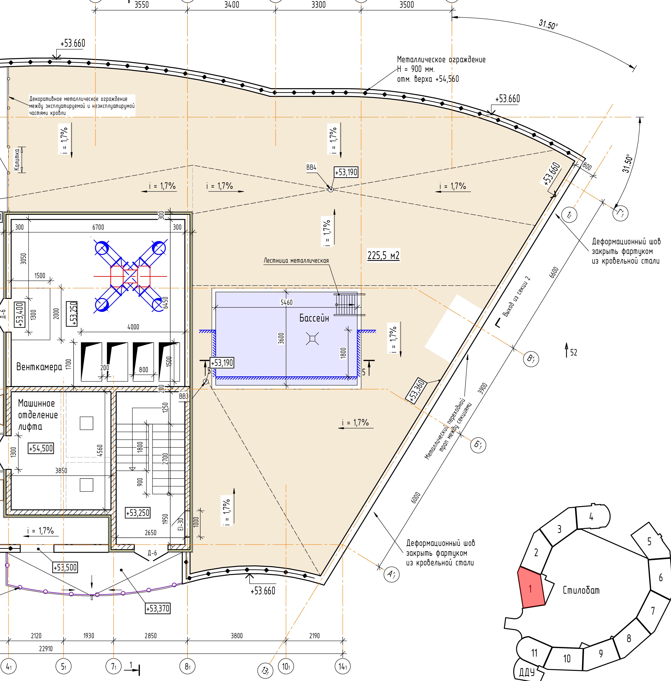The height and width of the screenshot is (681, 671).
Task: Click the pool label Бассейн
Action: (x=314, y=318)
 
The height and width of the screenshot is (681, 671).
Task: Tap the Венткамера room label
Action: (x=39, y=367)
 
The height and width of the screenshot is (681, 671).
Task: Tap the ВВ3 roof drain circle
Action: (x=206, y=382)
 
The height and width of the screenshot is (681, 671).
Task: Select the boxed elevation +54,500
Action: (x=41, y=448)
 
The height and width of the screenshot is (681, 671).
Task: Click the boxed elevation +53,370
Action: (x=158, y=608)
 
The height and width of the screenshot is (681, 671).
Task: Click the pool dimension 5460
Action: (x=286, y=302)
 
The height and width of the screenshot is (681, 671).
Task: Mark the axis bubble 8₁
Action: (x=187, y=667)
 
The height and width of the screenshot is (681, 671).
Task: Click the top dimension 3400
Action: (x=232, y=5)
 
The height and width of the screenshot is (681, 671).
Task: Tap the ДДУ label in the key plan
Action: (x=527, y=672)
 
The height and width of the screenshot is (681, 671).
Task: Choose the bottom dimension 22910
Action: (x=46, y=649)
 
